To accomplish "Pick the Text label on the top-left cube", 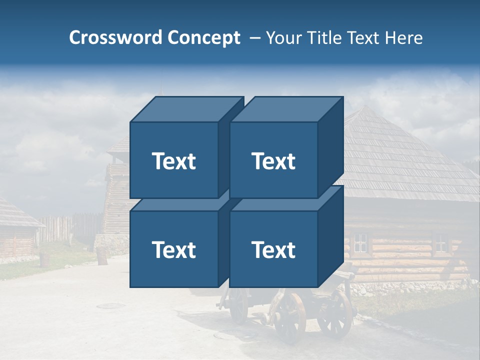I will pos(173,161).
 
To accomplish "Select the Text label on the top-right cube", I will pos(273,161).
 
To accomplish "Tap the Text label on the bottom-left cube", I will pos(173,249).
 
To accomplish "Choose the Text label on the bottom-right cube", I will pos(273,249).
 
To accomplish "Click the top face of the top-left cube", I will pos(186,109).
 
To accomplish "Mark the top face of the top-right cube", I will pos(286,109).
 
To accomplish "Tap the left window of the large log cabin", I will pos(360,243).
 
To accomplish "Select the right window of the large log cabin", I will pos(440,242).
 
